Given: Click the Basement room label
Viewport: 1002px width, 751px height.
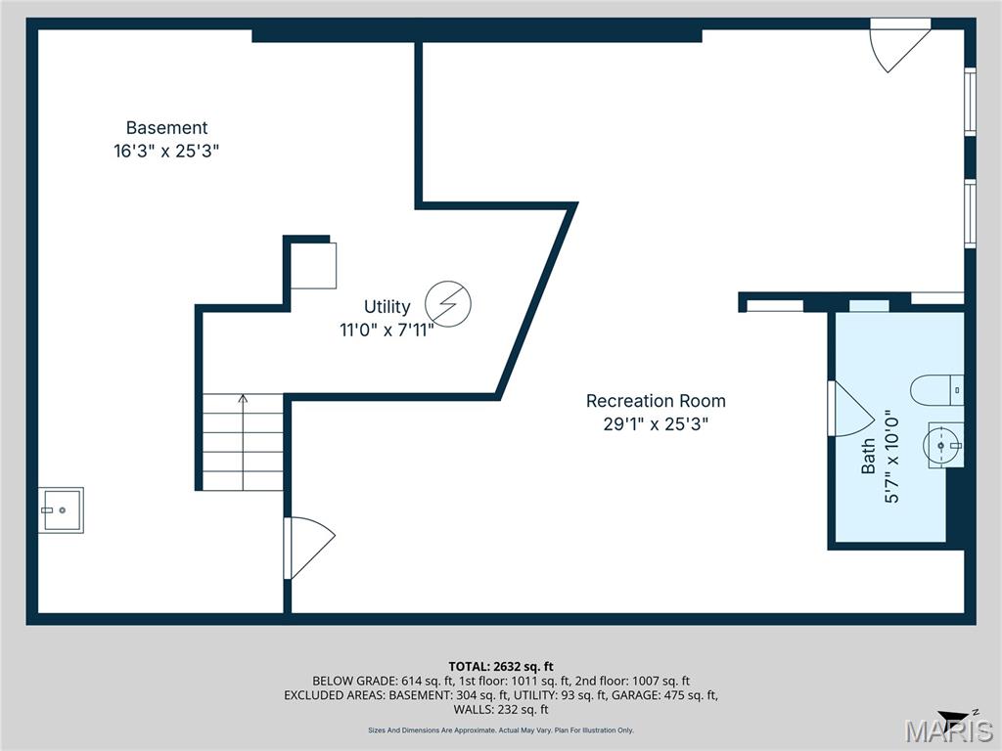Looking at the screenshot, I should [166, 128].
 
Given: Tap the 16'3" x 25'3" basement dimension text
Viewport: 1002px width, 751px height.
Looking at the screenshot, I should [166, 152].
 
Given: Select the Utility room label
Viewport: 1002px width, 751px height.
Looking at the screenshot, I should [387, 307].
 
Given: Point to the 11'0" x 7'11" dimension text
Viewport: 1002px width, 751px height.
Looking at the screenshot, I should [387, 331].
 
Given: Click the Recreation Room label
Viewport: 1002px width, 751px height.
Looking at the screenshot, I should [656, 401].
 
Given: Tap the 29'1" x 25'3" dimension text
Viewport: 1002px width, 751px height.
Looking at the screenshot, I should [656, 424].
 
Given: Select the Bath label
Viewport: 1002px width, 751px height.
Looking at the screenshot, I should [868, 457].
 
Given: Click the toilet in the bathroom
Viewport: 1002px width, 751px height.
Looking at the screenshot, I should [936, 390].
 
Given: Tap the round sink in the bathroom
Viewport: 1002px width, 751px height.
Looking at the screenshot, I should [942, 446].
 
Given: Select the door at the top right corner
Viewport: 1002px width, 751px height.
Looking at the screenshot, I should [897, 43].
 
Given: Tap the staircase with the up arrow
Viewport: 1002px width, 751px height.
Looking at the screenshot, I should [243, 441].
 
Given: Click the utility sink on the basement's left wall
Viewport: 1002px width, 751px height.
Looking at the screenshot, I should [62, 509].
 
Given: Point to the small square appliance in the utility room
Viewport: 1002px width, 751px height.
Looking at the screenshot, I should [314, 265].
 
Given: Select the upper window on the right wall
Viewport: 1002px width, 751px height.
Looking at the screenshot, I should [970, 101].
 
